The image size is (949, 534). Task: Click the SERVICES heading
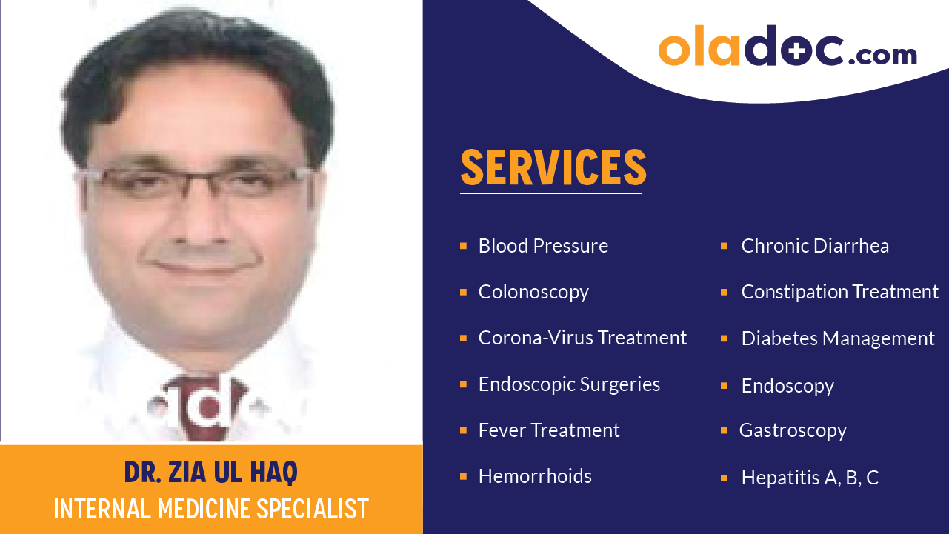pos(553,167)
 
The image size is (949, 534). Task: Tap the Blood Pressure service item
pos(543,246)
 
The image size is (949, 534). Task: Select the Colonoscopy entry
pos(533,292)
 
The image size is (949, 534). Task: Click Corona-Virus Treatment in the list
pos(582,338)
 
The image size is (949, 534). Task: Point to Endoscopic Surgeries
pos(569,384)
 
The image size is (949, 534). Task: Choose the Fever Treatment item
pos(549,430)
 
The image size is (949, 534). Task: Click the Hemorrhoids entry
pos(535,476)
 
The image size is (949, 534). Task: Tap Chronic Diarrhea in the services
pos(815,246)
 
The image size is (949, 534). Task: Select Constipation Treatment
pos(839,292)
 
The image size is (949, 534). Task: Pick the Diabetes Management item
pos(838,338)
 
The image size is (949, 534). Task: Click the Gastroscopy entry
pos(793,430)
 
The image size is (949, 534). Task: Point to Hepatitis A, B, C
pos(810,478)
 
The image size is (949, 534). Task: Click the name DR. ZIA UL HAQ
pos(211,472)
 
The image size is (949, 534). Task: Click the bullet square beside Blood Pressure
pos(463,246)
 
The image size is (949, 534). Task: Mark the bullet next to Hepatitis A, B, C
pos(724,478)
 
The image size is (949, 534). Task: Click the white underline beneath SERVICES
pos(550,193)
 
